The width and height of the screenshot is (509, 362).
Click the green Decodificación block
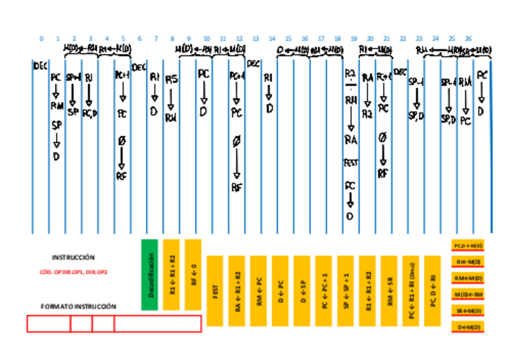pyautogui.click(x=150, y=275)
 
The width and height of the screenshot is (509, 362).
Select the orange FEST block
pyautogui.click(x=215, y=291)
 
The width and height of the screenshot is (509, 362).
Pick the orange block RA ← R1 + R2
pyautogui.click(x=236, y=291)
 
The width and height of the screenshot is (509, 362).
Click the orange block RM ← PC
pyautogui.click(x=258, y=291)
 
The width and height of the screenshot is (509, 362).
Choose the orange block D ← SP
pyautogui.click(x=302, y=291)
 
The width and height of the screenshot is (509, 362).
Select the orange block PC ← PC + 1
pyautogui.click(x=324, y=291)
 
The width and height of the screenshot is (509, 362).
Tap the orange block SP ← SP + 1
pyautogui.click(x=345, y=291)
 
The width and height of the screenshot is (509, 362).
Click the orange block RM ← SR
pyautogui.click(x=389, y=291)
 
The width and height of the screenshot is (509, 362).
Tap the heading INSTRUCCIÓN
pyautogui.click(x=73, y=257)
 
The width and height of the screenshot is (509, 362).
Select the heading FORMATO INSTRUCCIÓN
pyautogui.click(x=79, y=306)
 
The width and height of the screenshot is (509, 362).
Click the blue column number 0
pyautogui.click(x=41, y=38)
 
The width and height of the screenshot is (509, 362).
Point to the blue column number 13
pyautogui.click(x=256, y=38)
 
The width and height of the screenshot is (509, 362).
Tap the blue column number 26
pyautogui.click(x=468, y=38)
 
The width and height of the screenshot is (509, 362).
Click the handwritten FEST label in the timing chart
pyautogui.click(x=351, y=162)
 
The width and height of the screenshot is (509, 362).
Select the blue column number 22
pyautogui.click(x=403, y=38)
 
